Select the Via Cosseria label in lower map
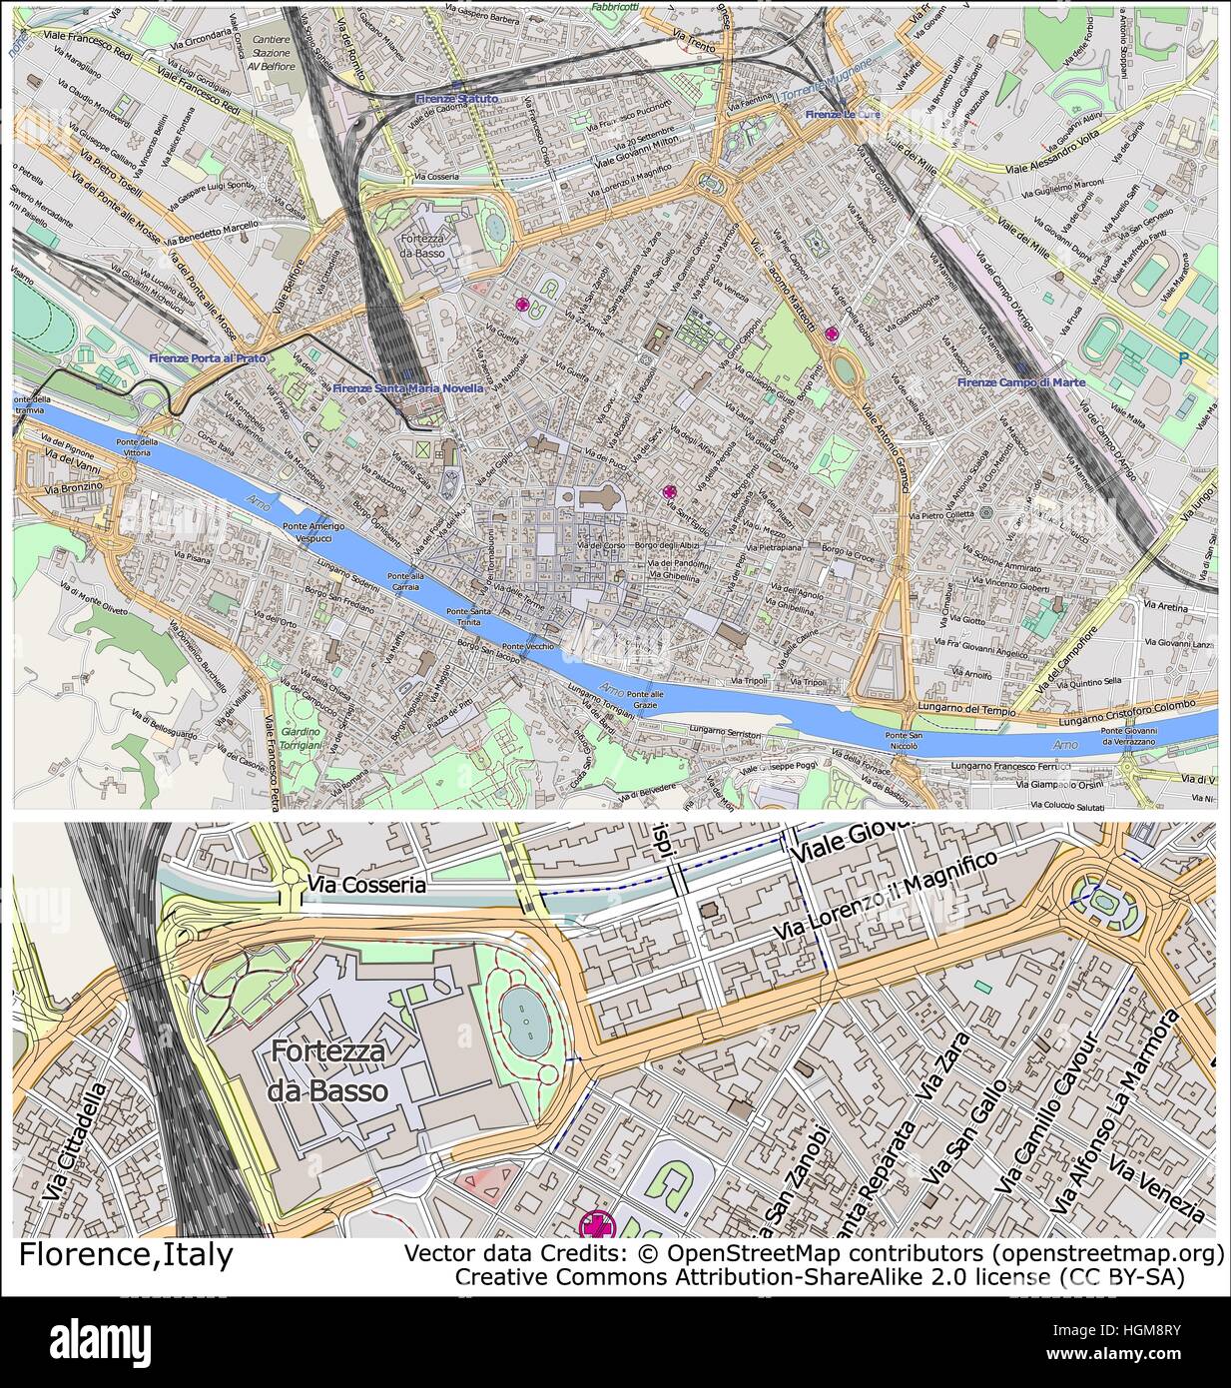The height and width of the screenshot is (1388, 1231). click(x=366, y=885)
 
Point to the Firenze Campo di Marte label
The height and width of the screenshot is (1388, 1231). click(x=1020, y=382)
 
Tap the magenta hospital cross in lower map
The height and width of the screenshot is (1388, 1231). click(x=596, y=1225)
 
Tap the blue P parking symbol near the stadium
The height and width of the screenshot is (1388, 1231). click(x=1184, y=356)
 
